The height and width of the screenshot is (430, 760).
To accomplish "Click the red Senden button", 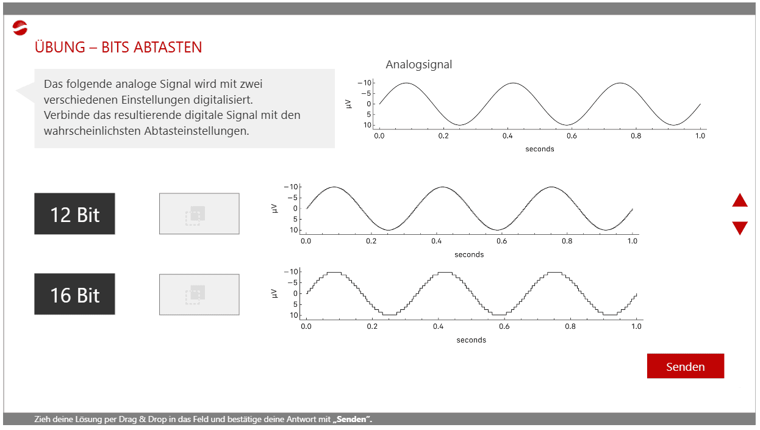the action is tap(685, 366).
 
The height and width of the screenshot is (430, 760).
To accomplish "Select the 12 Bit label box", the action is tap(74, 214).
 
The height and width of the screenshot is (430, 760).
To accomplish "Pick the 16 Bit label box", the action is tap(74, 294).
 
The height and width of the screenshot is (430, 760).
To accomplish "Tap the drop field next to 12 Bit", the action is tap(199, 214).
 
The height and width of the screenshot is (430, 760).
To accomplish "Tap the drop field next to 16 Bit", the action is tap(199, 295).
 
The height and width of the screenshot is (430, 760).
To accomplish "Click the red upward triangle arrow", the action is tap(740, 200).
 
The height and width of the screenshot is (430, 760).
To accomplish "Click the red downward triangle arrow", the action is tap(740, 228).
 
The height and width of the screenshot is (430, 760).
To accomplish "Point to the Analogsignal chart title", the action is tap(418, 65).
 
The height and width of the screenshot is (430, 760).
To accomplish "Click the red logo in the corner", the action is tap(20, 28).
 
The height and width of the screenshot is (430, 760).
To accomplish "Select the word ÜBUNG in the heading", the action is tap(60, 46).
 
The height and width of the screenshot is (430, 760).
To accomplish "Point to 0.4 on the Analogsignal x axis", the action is tap(507, 136).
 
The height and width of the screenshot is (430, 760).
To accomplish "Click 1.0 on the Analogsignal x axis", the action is tap(700, 136).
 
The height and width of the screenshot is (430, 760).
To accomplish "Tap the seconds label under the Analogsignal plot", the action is tap(540, 149).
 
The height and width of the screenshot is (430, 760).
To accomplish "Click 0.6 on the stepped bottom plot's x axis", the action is tap(504, 326).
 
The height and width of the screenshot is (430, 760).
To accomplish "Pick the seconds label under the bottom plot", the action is tap(471, 340).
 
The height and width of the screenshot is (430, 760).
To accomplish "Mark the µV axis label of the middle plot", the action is tap(274, 209).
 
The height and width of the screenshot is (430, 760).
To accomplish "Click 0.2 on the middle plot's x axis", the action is tap(371, 242).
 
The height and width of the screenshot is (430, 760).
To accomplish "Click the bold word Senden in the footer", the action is tap(351, 419).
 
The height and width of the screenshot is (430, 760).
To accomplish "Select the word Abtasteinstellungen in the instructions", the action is tap(197, 131).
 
